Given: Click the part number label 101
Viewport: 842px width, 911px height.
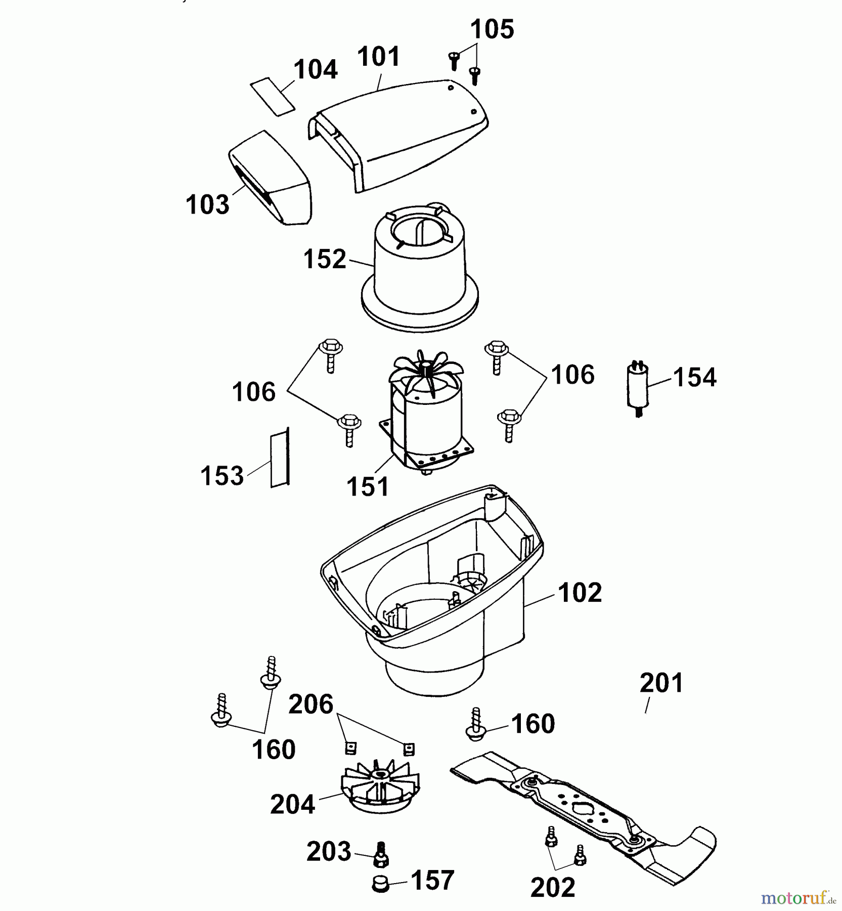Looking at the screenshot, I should (x=379, y=57).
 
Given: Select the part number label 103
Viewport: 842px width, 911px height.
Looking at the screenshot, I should (x=207, y=204).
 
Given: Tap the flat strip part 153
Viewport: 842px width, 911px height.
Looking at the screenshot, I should (x=279, y=458).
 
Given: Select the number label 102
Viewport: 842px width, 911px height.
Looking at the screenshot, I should (x=580, y=593).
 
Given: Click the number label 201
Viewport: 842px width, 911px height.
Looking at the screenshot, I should (x=661, y=683).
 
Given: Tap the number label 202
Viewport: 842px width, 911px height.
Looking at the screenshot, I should (x=553, y=888).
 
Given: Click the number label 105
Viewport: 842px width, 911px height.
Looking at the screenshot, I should (x=492, y=29).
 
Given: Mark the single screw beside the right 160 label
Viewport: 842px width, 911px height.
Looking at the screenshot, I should (x=475, y=725).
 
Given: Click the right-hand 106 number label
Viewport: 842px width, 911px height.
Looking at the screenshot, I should (x=572, y=375).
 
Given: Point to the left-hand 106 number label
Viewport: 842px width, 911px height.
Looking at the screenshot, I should (x=253, y=392).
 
